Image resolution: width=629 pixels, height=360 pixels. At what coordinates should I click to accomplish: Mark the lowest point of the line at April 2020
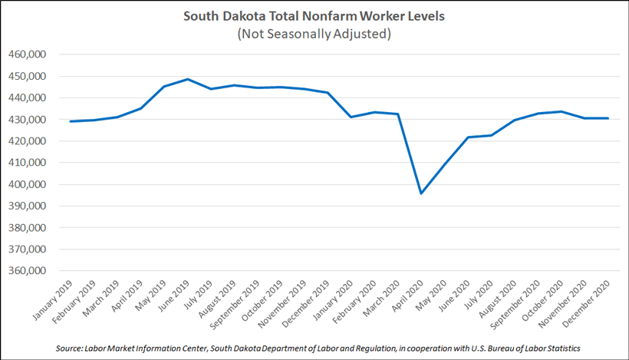pos(421,193)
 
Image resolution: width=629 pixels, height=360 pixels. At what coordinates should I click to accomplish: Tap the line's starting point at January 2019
pos(70,121)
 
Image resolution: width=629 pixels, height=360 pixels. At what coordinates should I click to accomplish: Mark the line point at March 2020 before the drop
pos(397,114)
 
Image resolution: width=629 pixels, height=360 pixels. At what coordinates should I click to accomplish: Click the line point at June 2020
pos(469,137)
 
